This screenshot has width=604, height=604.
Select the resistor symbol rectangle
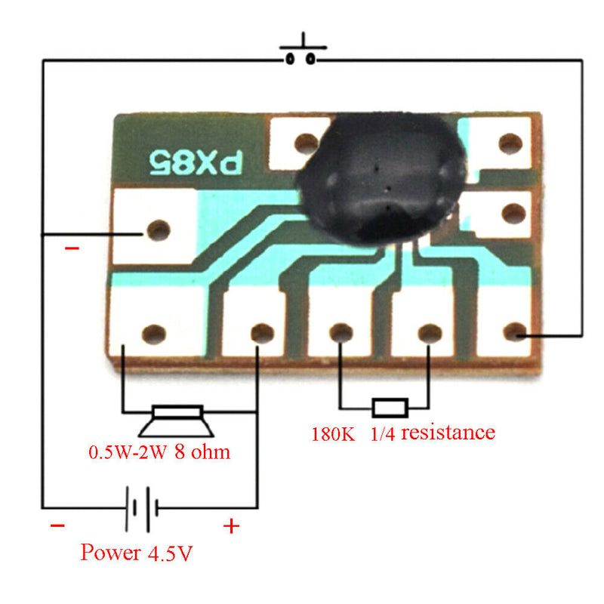click(390, 408)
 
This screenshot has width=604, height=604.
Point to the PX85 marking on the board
click(193, 160)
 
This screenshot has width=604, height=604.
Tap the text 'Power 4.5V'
click(137, 553)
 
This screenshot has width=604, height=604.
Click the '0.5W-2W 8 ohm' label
click(159, 453)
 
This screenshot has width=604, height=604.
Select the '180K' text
click(333, 434)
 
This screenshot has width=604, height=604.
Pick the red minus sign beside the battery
click(57, 526)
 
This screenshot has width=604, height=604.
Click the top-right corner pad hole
click(510, 142)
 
